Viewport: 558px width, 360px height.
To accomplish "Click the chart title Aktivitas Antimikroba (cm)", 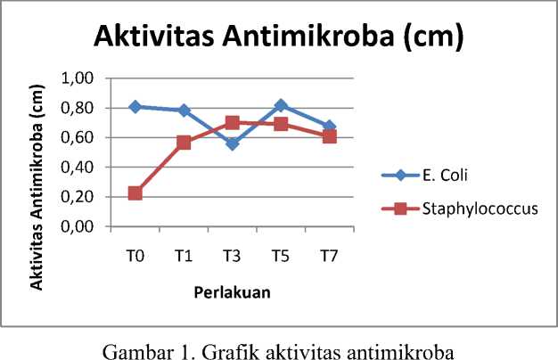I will pos(278,38).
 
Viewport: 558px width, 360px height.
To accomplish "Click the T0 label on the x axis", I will pos(135,257).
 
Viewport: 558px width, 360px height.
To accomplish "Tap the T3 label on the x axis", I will pos(232,257).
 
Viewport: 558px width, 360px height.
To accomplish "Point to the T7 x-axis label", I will pos(329,257).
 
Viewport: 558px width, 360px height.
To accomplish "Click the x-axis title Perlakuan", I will pos(233,291).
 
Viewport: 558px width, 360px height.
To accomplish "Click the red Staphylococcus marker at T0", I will pos(135,193).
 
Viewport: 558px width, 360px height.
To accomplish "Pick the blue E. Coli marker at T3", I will pos(232,143).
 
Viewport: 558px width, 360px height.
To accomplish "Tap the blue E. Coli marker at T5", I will pos(281,105).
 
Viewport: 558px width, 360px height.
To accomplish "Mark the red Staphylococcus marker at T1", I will pos(184,143).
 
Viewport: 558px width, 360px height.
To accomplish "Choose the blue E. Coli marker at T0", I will pos(135,106).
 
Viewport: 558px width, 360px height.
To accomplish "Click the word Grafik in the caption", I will pos(251,344).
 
